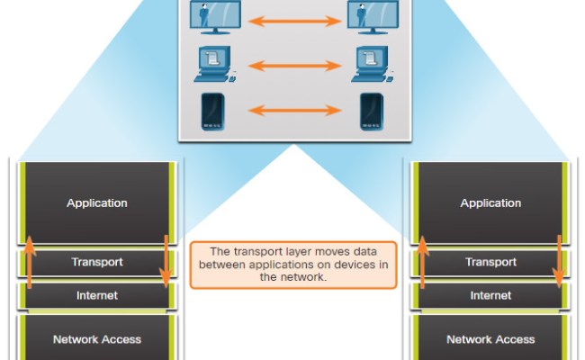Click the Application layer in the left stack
click(97, 203)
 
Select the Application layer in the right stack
click(490, 203)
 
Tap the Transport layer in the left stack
click(97, 263)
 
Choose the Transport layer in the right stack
click(490, 263)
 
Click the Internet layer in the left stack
click(97, 295)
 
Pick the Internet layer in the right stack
click(490, 295)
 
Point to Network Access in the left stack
click(97, 339)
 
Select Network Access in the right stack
click(490, 339)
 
